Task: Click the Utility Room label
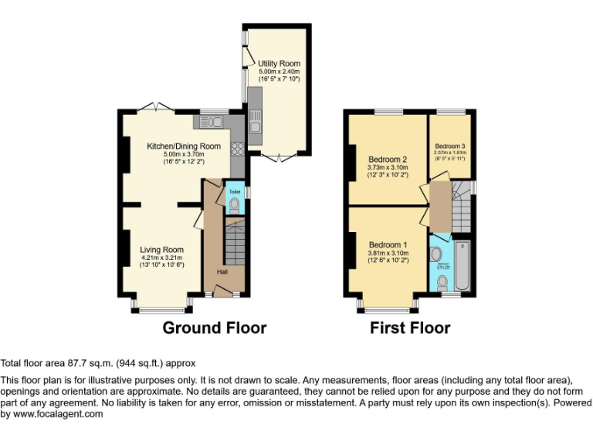click(x=279, y=63)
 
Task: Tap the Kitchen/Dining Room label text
click(x=184, y=146)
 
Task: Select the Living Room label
click(x=161, y=250)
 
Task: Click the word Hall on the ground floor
click(x=222, y=272)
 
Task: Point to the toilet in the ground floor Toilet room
click(x=235, y=203)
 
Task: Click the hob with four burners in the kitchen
click(x=237, y=151)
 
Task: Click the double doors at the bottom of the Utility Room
click(x=277, y=158)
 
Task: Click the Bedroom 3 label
click(x=450, y=146)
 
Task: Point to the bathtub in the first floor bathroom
click(x=463, y=264)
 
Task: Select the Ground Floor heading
click(x=214, y=328)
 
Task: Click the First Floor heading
click(x=410, y=328)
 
